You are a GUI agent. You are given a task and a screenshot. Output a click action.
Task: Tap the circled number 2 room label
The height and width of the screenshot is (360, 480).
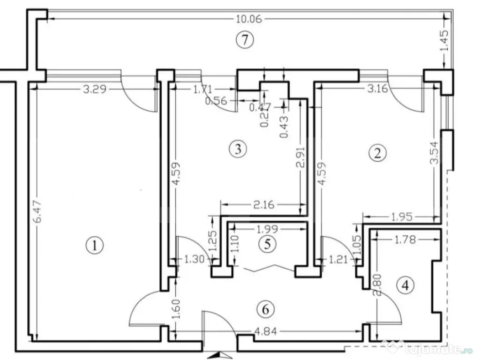pyautogui.click(x=378, y=153)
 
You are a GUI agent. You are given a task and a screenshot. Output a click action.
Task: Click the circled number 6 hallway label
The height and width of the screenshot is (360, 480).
pyautogui.click(x=266, y=309)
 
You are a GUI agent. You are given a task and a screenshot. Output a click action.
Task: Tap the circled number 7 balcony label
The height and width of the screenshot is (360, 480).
pyautogui.click(x=245, y=40)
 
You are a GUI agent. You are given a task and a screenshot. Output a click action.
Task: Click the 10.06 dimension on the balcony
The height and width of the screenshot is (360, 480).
pyautogui.click(x=248, y=19)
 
